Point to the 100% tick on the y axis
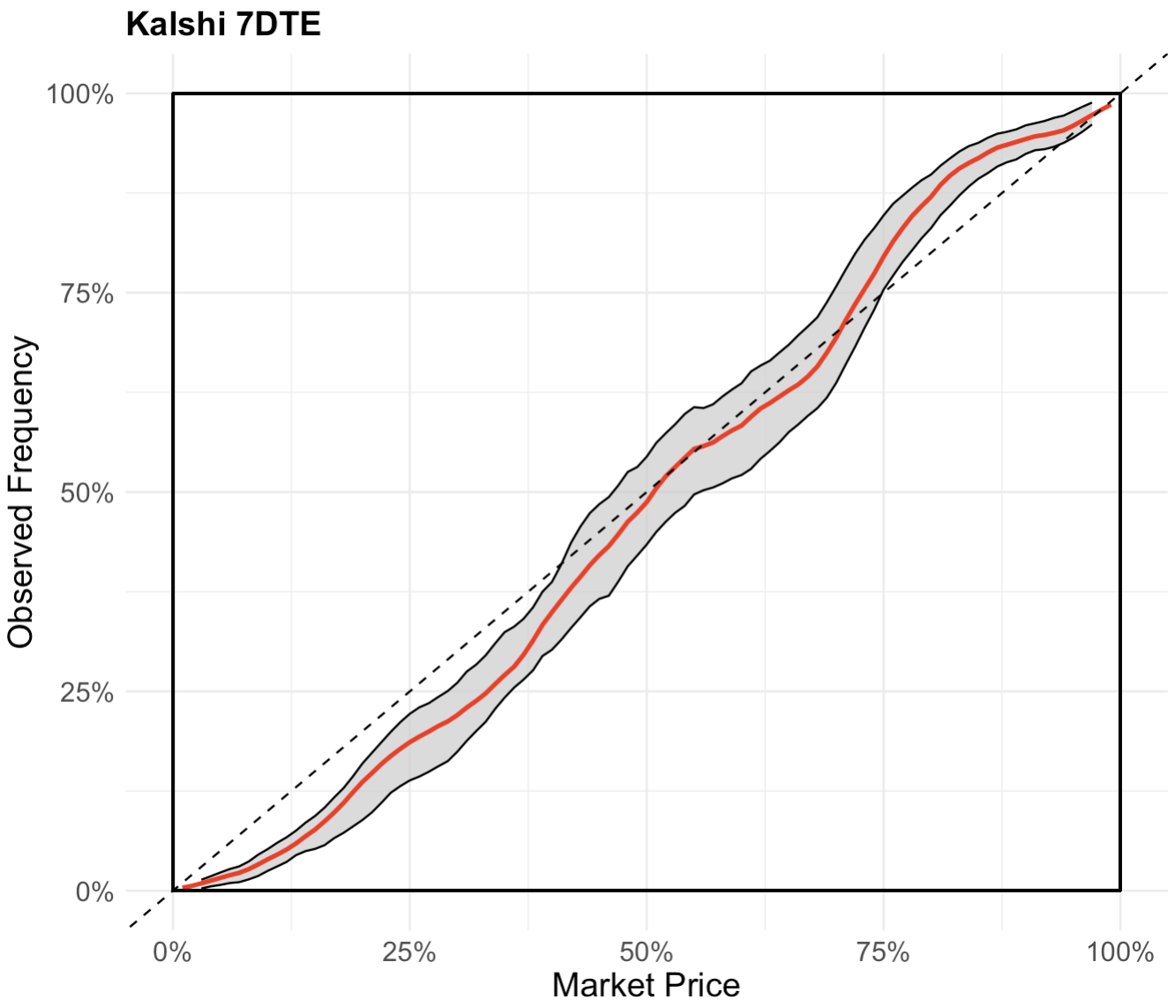[x=80, y=94]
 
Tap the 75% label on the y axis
[x=86, y=294]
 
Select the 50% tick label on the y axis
[x=86, y=493]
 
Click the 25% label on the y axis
[x=86, y=692]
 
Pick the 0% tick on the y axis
[x=94, y=891]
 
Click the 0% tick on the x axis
[x=173, y=952]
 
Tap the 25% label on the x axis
[x=409, y=952]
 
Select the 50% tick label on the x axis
[x=647, y=952]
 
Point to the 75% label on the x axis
[x=883, y=952]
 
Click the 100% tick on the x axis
[x=1120, y=952]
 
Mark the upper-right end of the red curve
[x=1110, y=105]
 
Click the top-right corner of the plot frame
[x=1120, y=93]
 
